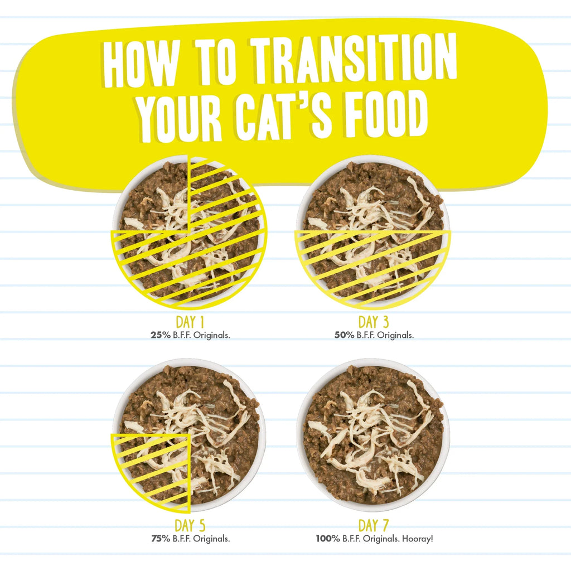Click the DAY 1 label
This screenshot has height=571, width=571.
191,322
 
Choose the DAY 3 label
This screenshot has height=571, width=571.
373,322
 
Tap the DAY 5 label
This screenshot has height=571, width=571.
191,525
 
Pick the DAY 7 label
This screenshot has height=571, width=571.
373,525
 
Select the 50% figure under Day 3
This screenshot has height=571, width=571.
342,336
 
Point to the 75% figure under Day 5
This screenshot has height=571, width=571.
160,539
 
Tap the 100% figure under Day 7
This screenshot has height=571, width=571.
326,539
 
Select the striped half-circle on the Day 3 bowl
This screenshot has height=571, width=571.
372,265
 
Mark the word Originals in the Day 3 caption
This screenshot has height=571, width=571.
396,336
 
